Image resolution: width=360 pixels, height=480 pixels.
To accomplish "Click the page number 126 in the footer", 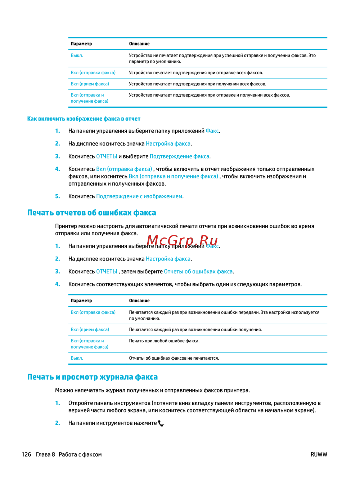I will [26, 454].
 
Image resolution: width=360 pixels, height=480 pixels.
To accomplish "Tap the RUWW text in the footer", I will [319, 454].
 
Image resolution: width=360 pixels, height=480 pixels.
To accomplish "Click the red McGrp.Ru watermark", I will [183, 240].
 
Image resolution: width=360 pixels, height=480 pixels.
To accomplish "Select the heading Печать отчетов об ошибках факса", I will [92, 213].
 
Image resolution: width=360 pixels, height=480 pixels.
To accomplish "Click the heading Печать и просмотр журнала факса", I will [93, 377].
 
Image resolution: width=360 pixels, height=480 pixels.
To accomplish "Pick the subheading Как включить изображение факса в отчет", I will [84, 119].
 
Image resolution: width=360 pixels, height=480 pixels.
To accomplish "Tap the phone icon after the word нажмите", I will [161, 423].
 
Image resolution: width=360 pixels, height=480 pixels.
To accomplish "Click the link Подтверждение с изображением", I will [139, 196].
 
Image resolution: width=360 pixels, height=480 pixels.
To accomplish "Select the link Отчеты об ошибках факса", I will [198, 271].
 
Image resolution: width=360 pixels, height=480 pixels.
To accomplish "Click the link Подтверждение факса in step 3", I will [179, 156].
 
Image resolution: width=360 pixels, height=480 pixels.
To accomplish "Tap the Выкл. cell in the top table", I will [77, 55].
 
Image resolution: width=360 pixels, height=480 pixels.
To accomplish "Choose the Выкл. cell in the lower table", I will [77, 358].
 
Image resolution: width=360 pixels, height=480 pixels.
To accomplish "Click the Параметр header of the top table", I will [81, 44].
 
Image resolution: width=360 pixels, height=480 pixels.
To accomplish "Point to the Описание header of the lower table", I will [139, 301].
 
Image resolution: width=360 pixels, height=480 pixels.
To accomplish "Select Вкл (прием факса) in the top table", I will [90, 84].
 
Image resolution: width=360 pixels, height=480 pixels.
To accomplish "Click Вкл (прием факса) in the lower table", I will [90, 330].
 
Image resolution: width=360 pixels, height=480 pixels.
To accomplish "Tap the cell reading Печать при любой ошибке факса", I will [164, 341].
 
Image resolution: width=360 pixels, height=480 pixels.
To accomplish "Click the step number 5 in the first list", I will [58, 196].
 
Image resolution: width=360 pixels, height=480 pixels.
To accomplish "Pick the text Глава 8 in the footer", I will [45, 454].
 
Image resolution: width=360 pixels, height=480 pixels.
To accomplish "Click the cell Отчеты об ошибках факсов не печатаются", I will [174, 358].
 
